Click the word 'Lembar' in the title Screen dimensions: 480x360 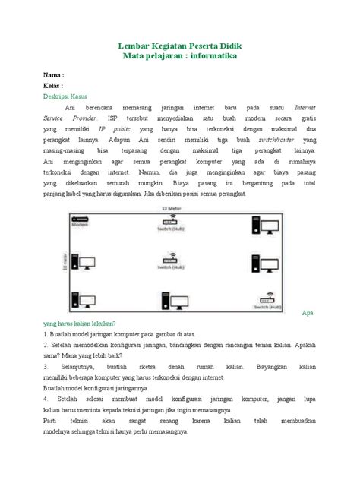click(x=135, y=46)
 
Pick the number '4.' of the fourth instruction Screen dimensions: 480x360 click(x=46, y=399)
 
